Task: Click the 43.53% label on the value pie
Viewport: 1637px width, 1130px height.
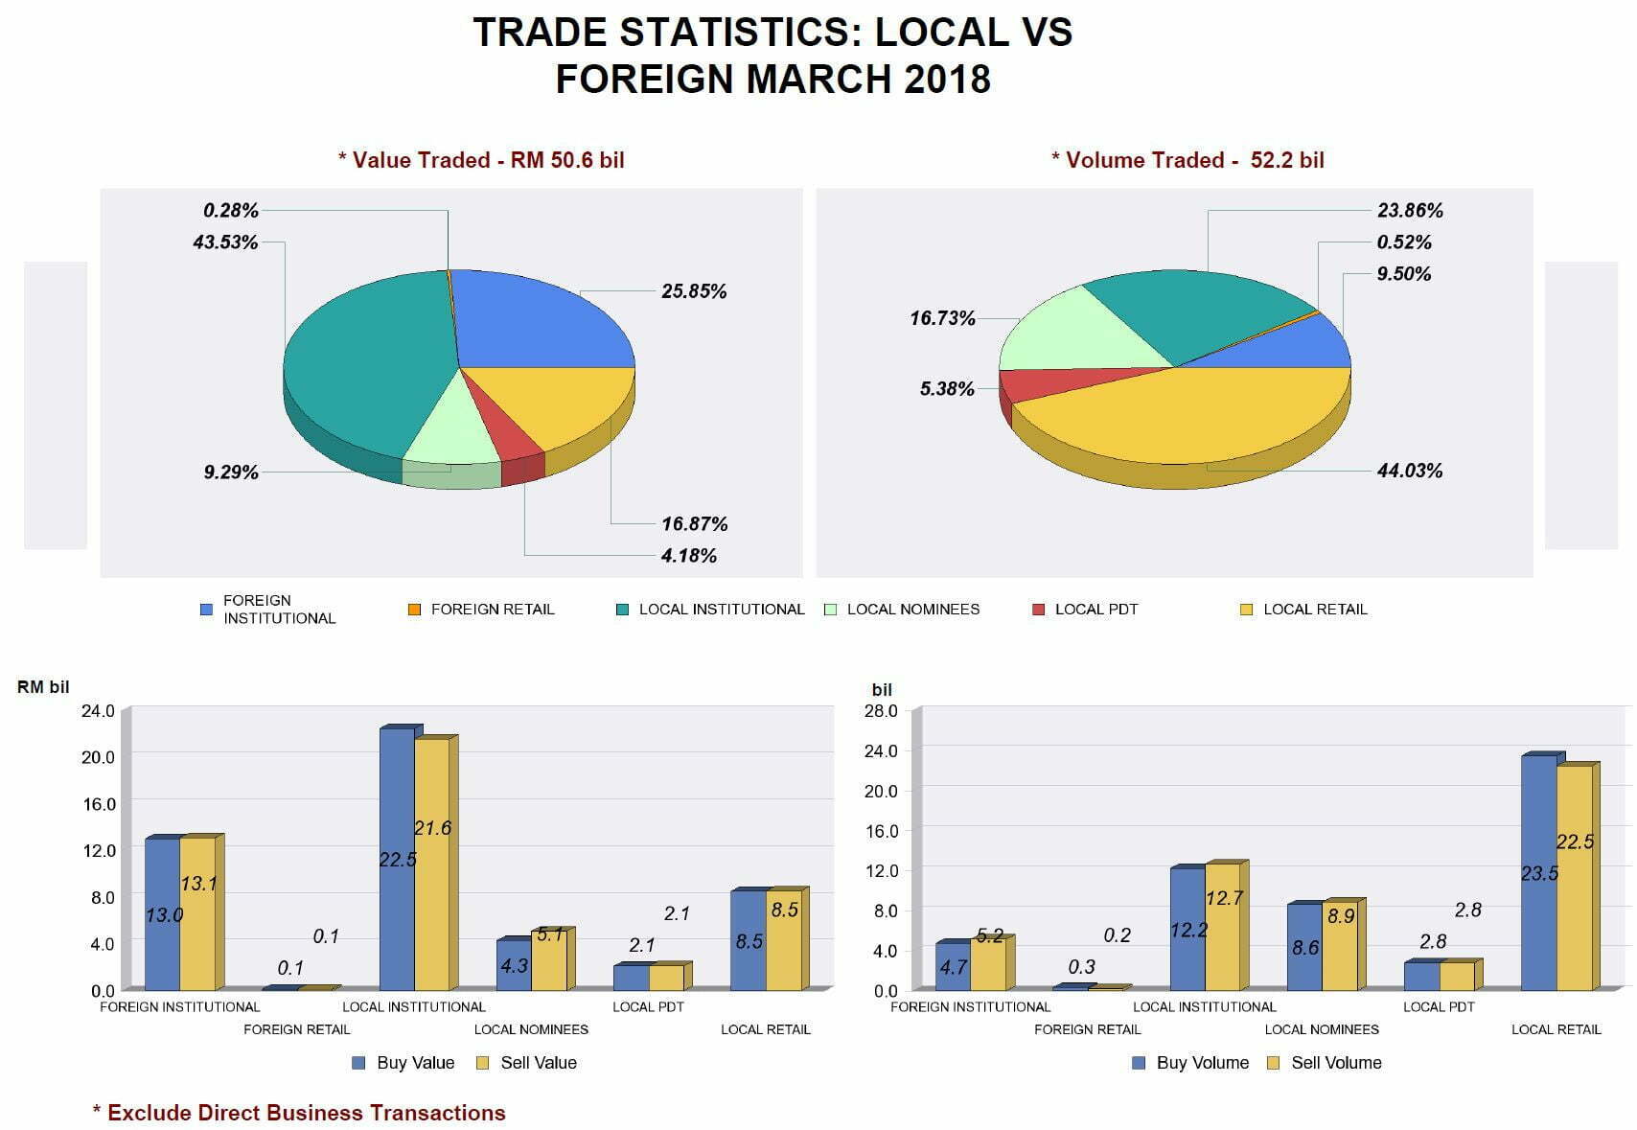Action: (x=225, y=242)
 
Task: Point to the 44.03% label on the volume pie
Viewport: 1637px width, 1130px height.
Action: (x=1409, y=471)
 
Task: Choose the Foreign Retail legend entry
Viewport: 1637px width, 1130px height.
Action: (x=482, y=610)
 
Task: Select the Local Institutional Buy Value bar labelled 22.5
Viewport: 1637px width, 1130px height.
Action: (x=397, y=859)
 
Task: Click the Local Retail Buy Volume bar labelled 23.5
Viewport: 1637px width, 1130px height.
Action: (x=1538, y=872)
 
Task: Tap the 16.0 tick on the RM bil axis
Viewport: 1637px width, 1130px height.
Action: (x=98, y=804)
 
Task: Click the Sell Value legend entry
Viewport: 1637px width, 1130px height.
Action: (x=527, y=1063)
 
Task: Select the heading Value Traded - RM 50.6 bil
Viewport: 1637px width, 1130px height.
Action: (x=481, y=160)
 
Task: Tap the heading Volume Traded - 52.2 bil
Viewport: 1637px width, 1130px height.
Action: (x=1187, y=160)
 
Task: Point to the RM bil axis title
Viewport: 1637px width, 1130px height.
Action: (x=43, y=687)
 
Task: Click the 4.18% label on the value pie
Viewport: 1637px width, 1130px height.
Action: (x=688, y=556)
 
